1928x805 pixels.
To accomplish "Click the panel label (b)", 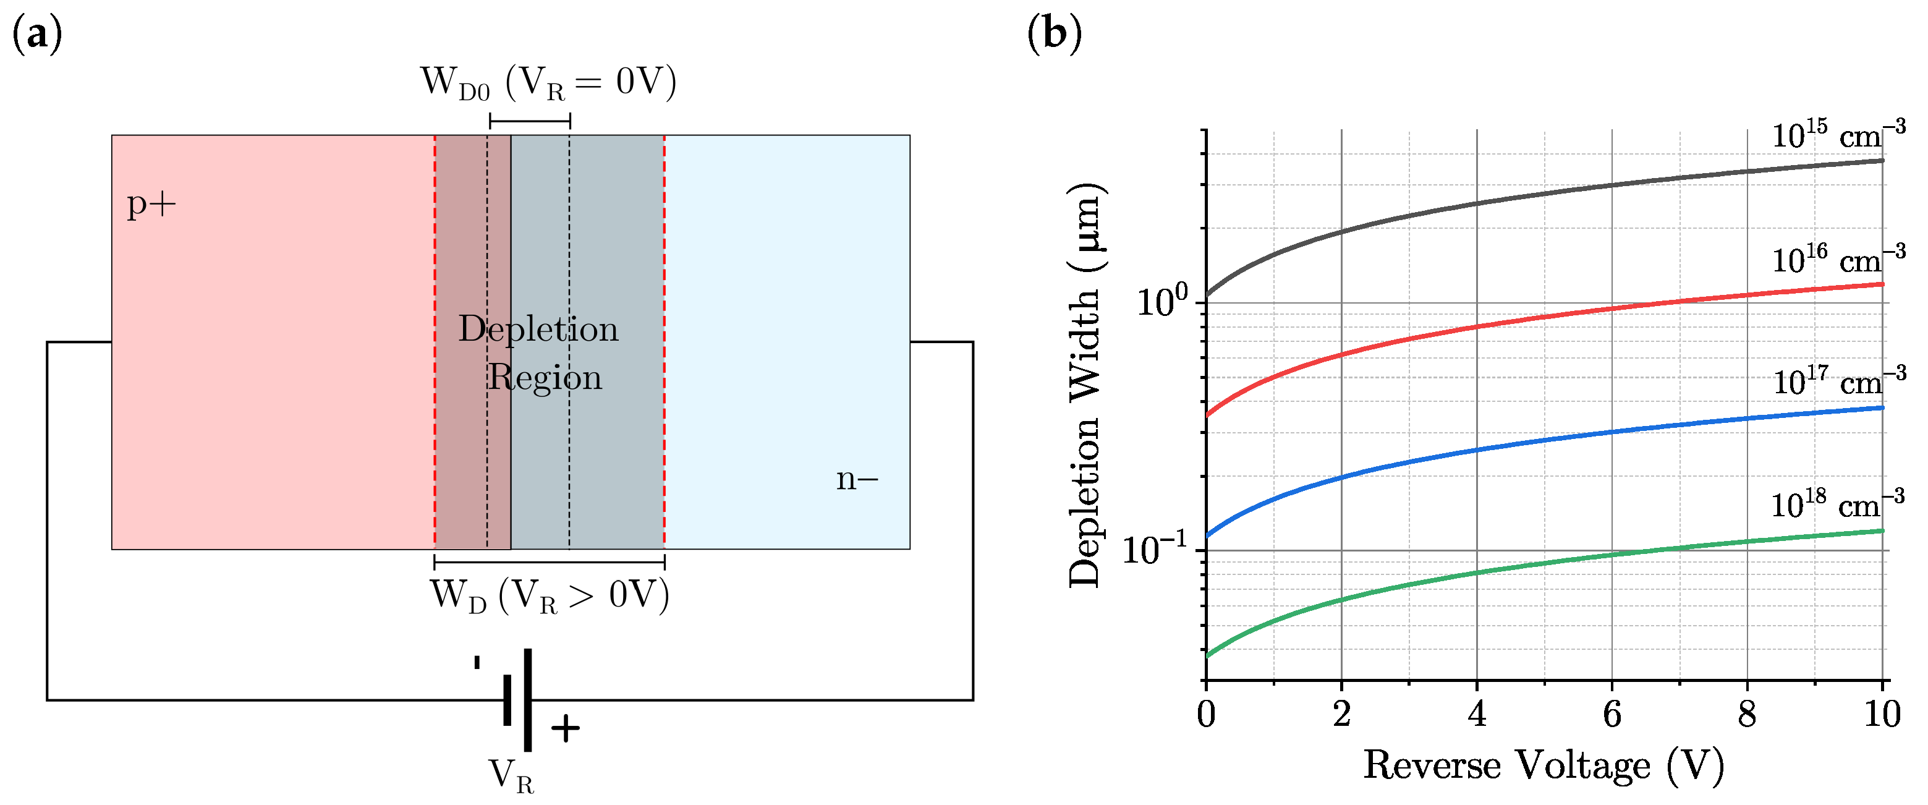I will [x=1054, y=34].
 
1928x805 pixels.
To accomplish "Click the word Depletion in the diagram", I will [x=538, y=329].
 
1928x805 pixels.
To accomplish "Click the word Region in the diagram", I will [x=545, y=377].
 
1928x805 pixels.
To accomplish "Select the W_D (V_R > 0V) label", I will [x=550, y=597].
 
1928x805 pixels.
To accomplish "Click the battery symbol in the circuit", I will [x=519, y=699].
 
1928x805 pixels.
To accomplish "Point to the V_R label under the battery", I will [x=511, y=776].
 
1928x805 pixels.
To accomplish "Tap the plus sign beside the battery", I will [x=565, y=728].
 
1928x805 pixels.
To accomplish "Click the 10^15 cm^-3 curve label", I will [x=1837, y=135].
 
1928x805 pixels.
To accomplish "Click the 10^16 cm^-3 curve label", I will [x=1837, y=260].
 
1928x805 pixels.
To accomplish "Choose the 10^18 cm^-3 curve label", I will [x=1837, y=506].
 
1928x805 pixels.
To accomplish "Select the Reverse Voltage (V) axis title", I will [x=1544, y=766].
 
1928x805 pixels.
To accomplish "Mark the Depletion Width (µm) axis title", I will [x=1086, y=386].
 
